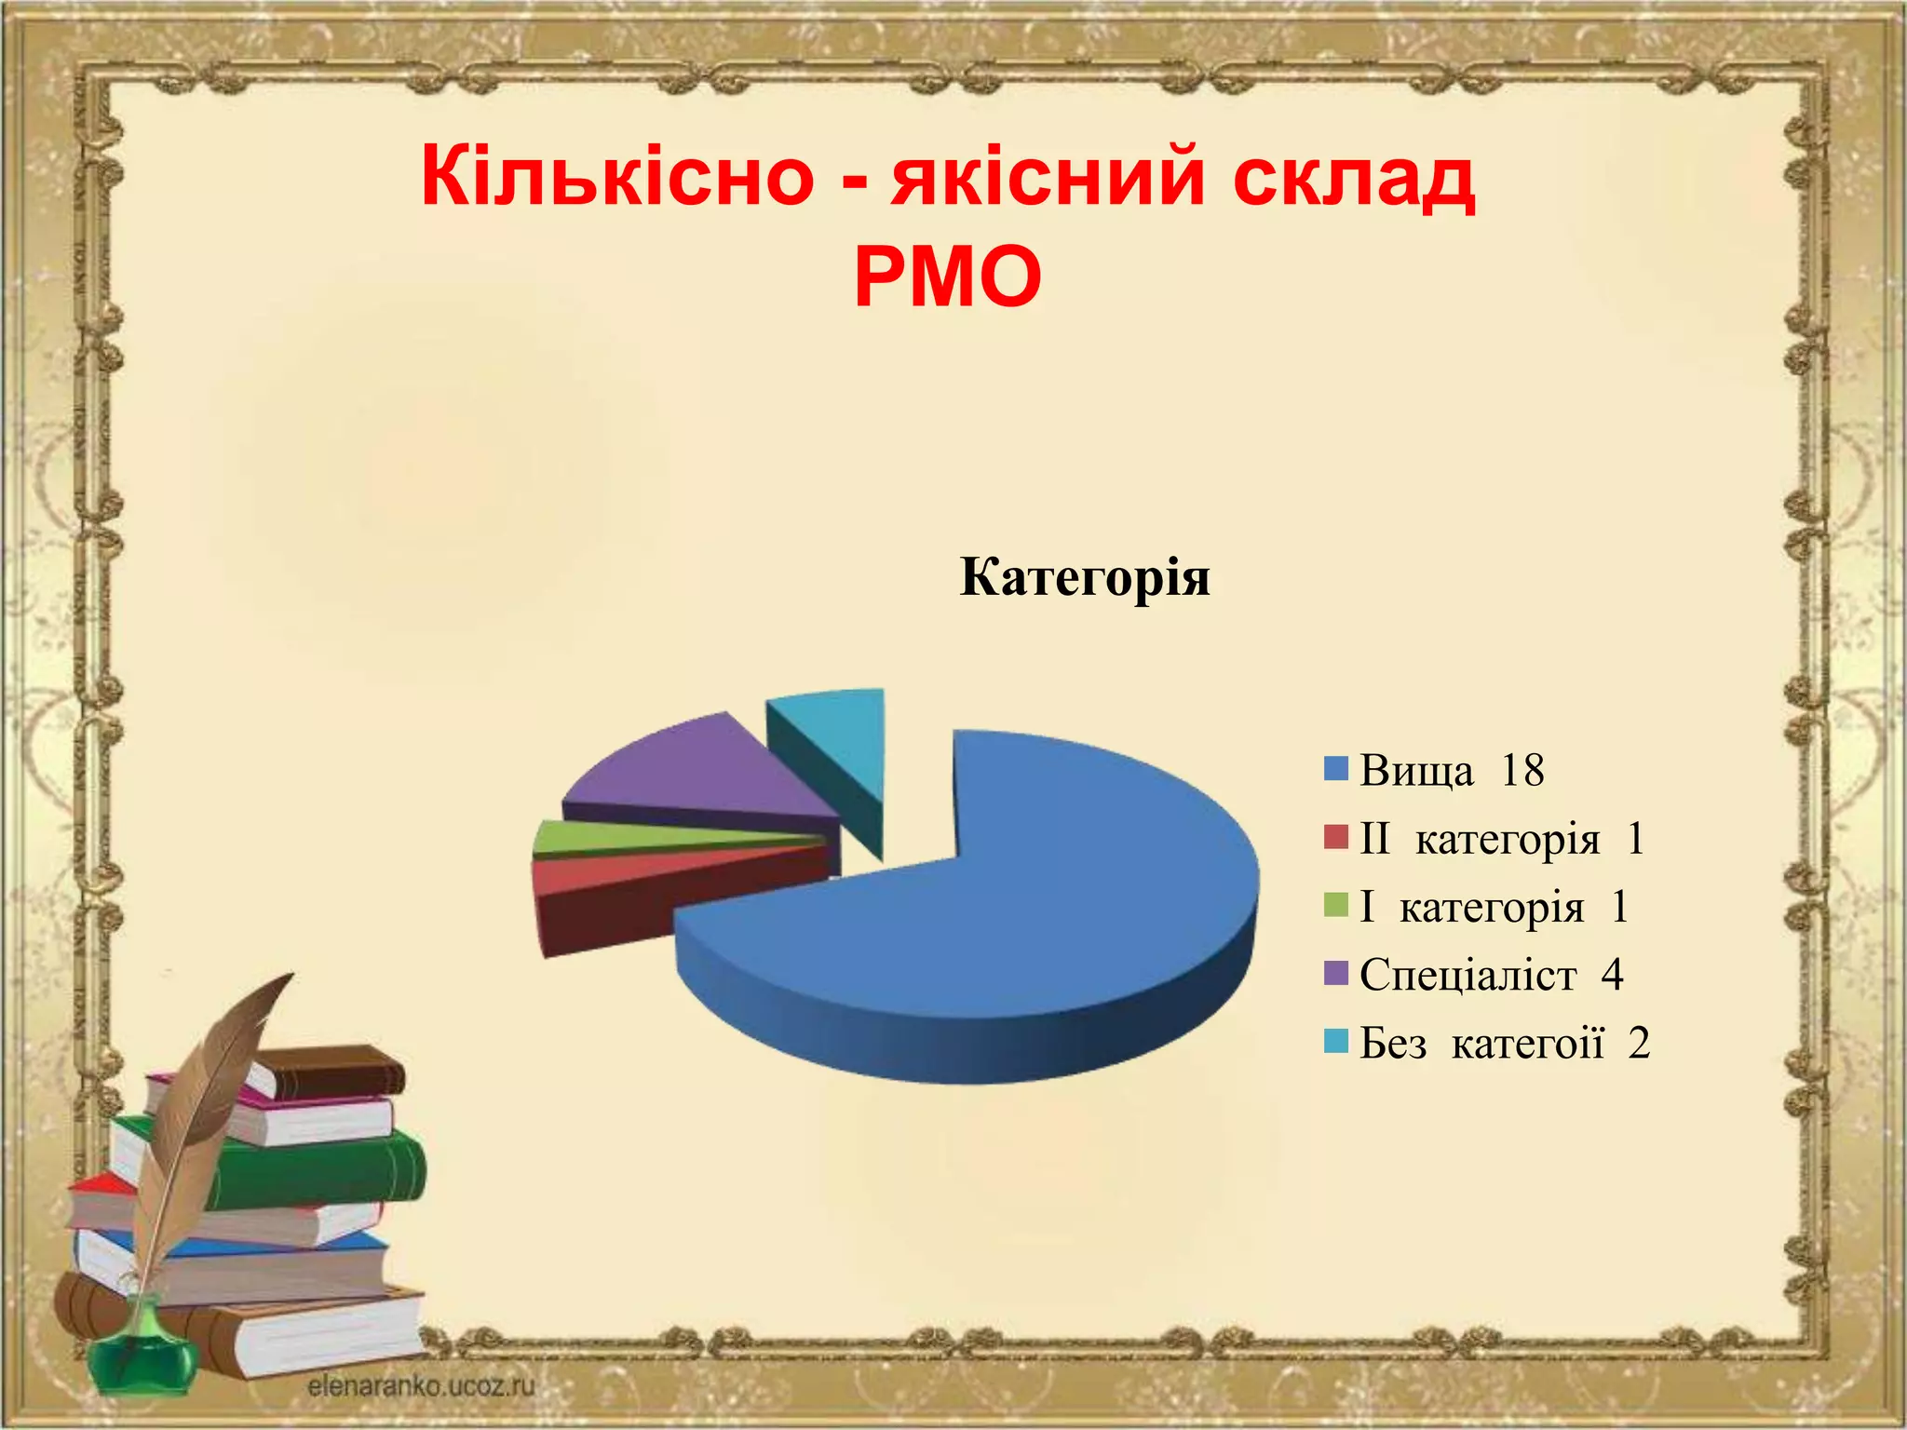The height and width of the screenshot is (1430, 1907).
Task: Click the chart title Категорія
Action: pos(1085,577)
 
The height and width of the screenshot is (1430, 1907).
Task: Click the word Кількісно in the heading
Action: pos(617,177)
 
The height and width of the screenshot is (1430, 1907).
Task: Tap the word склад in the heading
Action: pos(1354,177)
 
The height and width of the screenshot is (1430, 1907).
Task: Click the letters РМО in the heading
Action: pos(948,277)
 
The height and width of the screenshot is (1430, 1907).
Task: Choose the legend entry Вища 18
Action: pos(1451,771)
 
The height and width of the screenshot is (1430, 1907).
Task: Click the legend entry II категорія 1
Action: pos(1501,839)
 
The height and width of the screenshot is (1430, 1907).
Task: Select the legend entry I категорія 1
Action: pos(1493,907)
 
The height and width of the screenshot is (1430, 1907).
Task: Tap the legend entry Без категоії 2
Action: pos(1504,1043)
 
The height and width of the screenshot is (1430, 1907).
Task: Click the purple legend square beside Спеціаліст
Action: pos(1336,974)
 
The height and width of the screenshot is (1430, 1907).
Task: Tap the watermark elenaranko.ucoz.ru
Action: pos(421,1386)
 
